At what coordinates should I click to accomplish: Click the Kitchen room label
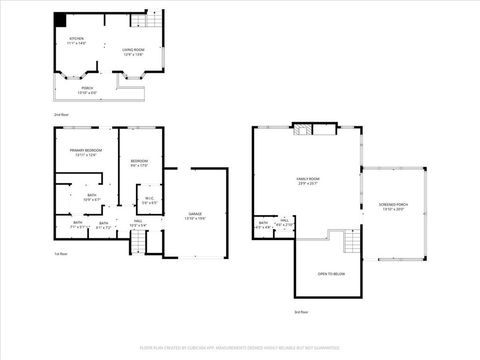(77, 43)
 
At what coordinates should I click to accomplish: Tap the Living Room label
(134, 51)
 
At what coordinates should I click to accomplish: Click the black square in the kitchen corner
(60, 19)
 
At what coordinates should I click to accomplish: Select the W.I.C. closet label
(148, 200)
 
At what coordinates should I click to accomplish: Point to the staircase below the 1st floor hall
(138, 243)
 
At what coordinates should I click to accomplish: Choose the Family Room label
(306, 181)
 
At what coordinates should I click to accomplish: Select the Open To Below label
(331, 273)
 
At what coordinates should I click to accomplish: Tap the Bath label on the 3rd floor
(263, 224)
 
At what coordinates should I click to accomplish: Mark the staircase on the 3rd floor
(350, 241)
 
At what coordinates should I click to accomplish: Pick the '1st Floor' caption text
(61, 255)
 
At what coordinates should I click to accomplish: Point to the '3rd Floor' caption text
(300, 313)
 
